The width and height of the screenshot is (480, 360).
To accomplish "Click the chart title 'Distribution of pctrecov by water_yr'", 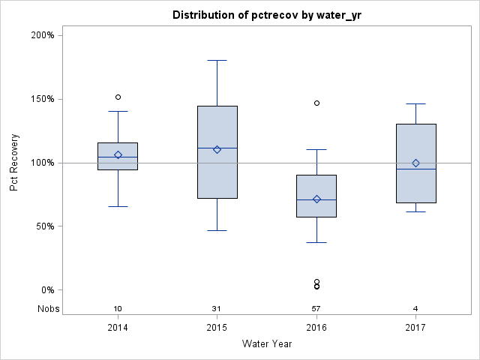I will point(266,15).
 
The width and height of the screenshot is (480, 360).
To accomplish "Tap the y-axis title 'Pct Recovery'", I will point(14,163).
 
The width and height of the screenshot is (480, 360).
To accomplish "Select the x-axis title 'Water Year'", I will point(266,344).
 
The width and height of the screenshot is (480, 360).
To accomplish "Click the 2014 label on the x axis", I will point(118,328).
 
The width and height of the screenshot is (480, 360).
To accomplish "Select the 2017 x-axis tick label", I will point(415,328).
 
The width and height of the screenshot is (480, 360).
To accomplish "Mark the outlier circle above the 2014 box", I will point(118,97).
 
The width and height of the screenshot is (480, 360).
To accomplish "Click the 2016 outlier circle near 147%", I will point(316,103).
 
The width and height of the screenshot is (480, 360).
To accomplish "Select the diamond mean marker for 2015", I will point(217,149).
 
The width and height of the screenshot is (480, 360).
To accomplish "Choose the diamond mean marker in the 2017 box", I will point(415,163).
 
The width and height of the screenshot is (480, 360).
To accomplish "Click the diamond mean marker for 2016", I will point(316,199).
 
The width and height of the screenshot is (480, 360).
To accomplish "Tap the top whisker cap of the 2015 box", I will point(217,60).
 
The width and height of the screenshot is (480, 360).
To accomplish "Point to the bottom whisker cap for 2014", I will point(118,206).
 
